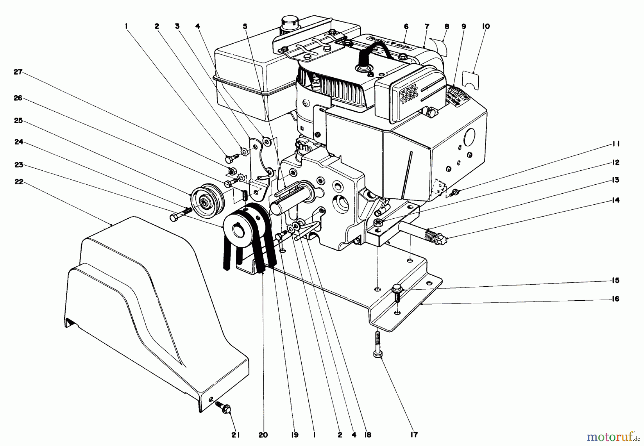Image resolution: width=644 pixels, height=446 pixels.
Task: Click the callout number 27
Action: point(18,72)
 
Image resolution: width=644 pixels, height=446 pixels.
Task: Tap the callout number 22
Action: point(19,182)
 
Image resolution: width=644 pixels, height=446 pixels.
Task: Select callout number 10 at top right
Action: point(486,26)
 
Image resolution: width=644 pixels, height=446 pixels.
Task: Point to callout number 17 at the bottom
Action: point(414,435)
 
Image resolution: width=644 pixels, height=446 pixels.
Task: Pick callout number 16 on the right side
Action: point(615,299)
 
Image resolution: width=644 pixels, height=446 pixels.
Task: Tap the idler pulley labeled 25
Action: point(206,203)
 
